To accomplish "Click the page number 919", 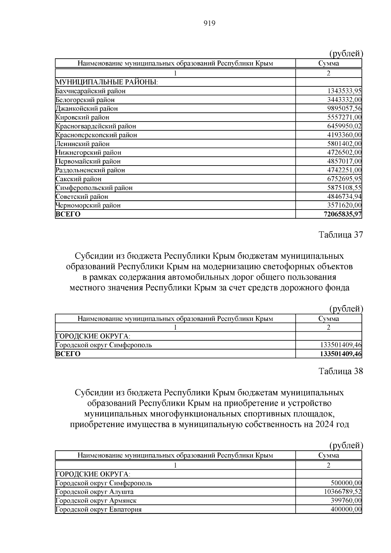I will coord(210,23).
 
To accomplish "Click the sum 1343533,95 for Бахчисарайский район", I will coord(342,91).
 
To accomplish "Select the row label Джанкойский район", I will coord(87,109).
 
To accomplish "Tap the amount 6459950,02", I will coord(342,126).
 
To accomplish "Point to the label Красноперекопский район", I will coord(96,135).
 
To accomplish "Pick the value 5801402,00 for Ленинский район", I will coord(342,144).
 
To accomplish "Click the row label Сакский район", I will coord(79,179).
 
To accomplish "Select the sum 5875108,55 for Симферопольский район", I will coord(342,188).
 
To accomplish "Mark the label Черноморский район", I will coord(88,205).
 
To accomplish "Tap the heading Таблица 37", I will coord(340,235).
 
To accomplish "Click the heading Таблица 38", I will coord(340,371).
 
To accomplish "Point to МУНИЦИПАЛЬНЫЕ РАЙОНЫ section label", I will coord(107,82).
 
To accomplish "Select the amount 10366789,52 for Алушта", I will coord(341,492).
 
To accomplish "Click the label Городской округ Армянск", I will coord(96,501).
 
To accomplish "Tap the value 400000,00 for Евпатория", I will coord(344,509).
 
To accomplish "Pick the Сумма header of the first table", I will coord(328,64).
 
